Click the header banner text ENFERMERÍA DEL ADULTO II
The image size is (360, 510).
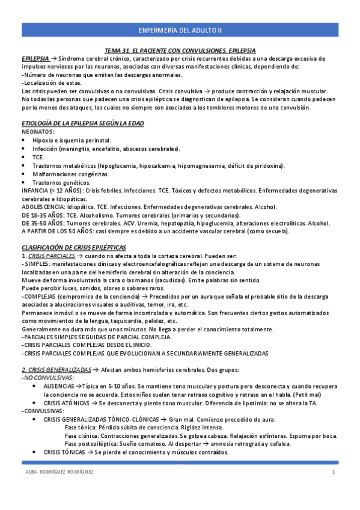[x=180, y=29]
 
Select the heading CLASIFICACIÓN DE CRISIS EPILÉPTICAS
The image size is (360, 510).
[x=74, y=247]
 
